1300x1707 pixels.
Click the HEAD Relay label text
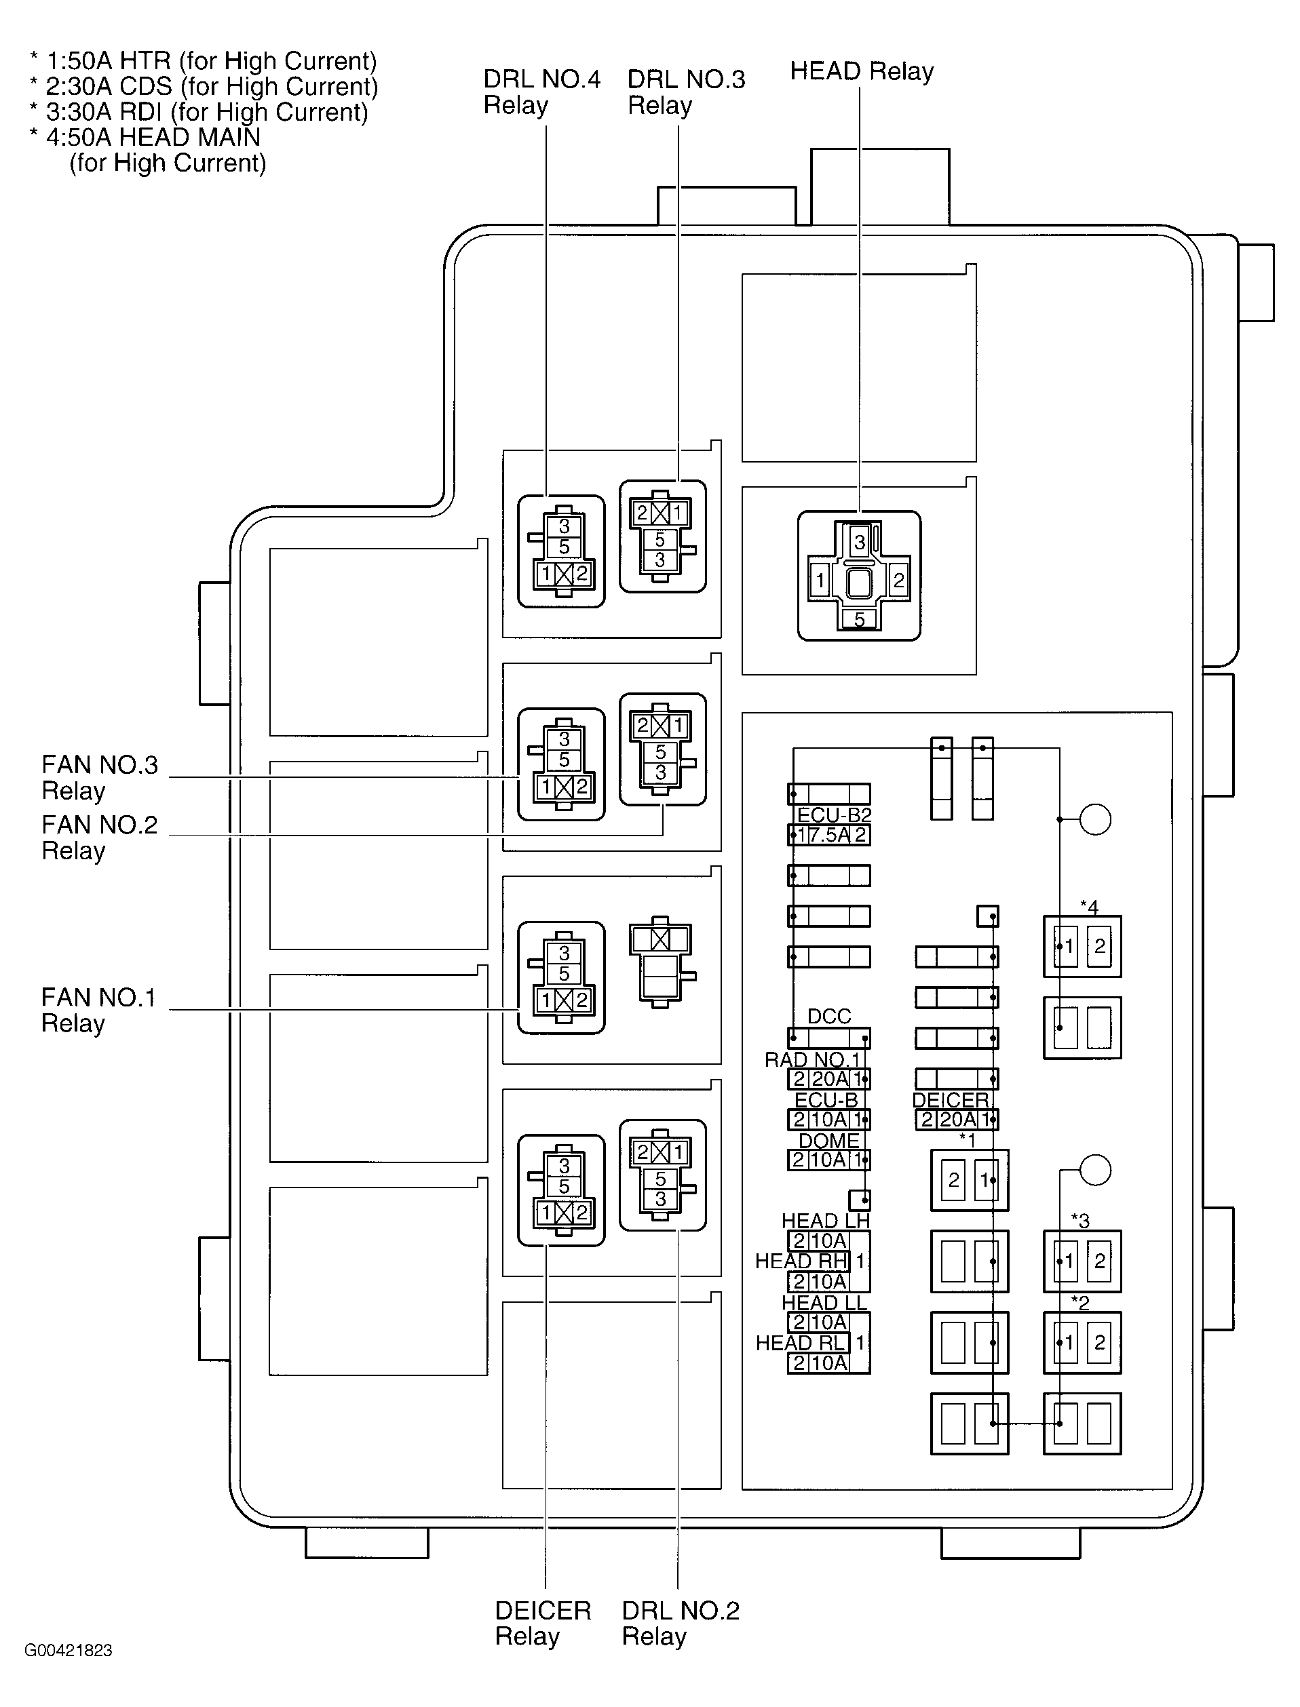[861, 71]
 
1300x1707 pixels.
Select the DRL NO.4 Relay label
[541, 92]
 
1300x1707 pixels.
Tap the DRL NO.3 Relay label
[685, 92]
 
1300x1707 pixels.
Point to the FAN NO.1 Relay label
[98, 1010]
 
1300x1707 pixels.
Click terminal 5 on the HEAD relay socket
[859, 620]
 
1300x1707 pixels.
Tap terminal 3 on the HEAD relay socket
[859, 541]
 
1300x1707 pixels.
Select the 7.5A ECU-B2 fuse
[828, 836]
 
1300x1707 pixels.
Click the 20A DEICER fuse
[957, 1119]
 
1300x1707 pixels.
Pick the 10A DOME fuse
[828, 1160]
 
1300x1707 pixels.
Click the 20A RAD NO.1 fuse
[828, 1078]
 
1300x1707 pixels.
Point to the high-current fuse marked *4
[1082, 947]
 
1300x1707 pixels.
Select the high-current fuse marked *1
[969, 1180]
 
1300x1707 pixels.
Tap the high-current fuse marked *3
[1082, 1261]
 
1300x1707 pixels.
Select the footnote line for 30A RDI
[199, 112]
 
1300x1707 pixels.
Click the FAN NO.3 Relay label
[99, 777]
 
